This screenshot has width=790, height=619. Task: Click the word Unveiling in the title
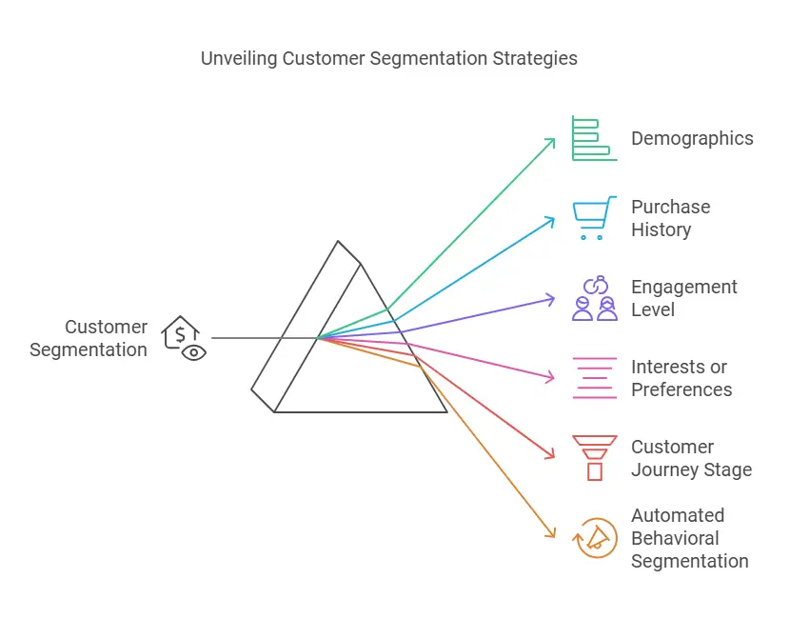pos(239,58)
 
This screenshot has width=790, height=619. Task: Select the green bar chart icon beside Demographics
pos(595,138)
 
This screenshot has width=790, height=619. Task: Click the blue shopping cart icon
pos(595,218)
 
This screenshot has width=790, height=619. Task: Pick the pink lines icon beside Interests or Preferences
pos(595,378)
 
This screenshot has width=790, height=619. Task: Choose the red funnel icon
pos(595,458)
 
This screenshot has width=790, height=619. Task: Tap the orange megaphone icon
pos(595,538)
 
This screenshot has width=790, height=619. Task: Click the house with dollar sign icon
pos(184,338)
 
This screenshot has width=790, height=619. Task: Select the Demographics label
pos(692,139)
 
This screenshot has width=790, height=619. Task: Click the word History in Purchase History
pos(661,230)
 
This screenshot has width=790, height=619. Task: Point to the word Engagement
pos(684,288)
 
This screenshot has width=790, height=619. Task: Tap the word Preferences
pos(681,389)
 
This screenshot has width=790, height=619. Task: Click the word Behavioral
pos(675,538)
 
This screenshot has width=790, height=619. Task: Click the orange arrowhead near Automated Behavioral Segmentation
pos(550,532)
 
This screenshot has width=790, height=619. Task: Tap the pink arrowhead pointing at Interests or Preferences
pos(549,377)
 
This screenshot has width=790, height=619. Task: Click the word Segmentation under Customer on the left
pos(89,349)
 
